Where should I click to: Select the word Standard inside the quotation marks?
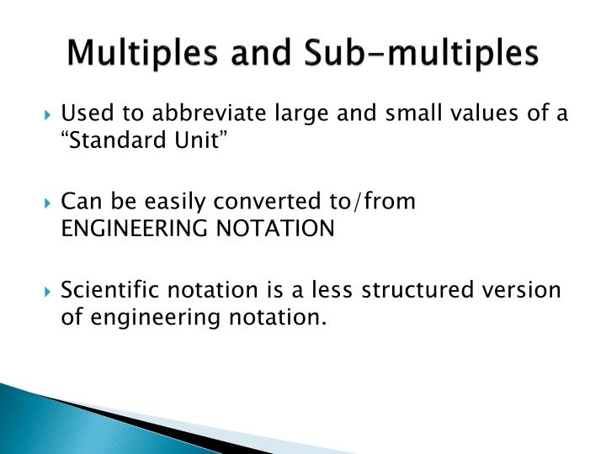point(106,140)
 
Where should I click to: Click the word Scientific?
point(104,290)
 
